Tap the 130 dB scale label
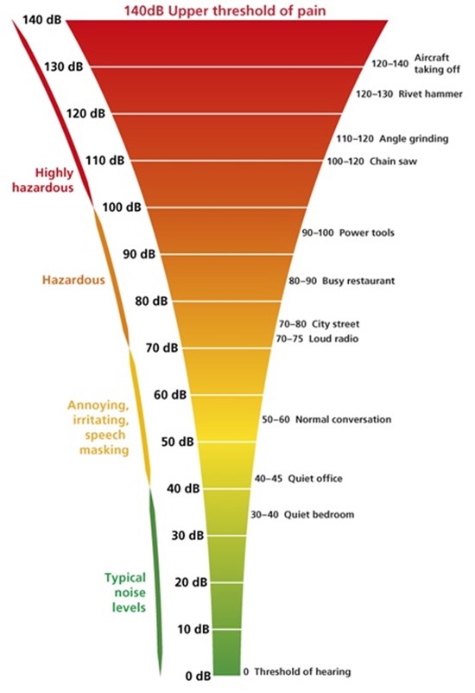coord(63,67)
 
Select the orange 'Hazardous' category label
coord(73,280)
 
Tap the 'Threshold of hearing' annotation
coord(297,671)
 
